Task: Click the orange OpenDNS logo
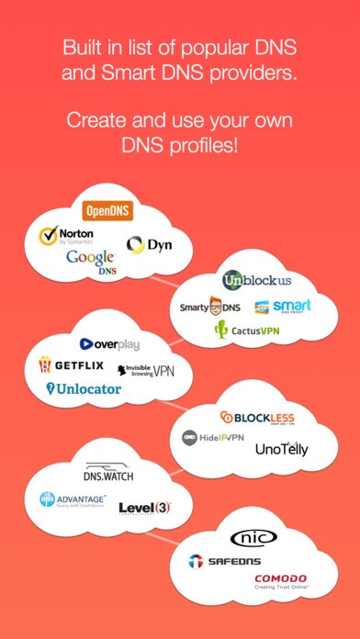[x=108, y=211]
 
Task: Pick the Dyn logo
[x=149, y=244]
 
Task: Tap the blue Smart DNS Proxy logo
[x=283, y=307]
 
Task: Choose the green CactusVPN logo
[x=247, y=330]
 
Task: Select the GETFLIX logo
[x=70, y=365]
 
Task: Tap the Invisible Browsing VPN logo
[x=145, y=370]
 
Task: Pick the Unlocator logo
[x=84, y=389]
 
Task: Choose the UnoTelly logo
[x=281, y=450]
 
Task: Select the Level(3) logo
[x=144, y=507]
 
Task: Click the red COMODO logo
[x=281, y=581]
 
